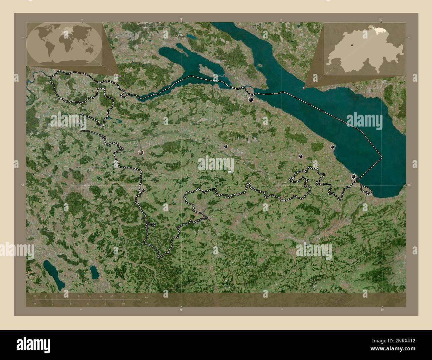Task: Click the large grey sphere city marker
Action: point(141,152)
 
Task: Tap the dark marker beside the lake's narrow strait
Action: point(251,99)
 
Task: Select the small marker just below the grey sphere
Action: point(143,191)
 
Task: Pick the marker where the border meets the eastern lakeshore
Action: point(354,177)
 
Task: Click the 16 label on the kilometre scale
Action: point(123,296)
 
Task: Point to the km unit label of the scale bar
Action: point(146,297)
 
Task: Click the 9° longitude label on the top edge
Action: point(181,19)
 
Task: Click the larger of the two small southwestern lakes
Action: point(54,274)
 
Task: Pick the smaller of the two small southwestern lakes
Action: point(94,272)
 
